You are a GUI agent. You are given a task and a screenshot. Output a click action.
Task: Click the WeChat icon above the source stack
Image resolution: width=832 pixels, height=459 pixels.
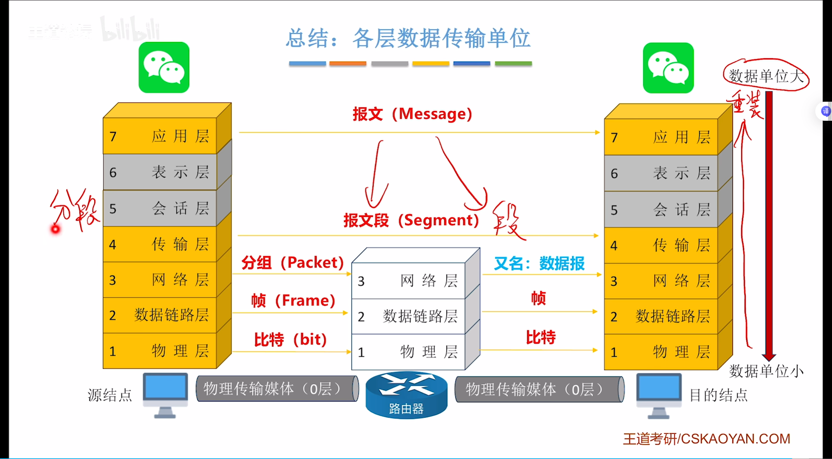point(164,67)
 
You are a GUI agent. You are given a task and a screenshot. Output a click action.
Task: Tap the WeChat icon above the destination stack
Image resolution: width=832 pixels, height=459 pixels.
point(668,68)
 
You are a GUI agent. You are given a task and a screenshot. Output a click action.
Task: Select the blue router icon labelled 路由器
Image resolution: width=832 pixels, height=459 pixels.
point(406,395)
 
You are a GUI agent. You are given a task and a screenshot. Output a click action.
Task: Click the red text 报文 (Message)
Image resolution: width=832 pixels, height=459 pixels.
point(412,114)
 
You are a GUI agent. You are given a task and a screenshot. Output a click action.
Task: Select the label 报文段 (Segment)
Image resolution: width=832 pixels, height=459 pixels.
point(411,220)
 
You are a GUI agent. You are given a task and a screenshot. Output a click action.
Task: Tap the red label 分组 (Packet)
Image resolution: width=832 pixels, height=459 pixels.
point(292,263)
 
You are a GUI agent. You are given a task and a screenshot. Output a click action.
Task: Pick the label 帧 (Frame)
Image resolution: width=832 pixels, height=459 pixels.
point(293,300)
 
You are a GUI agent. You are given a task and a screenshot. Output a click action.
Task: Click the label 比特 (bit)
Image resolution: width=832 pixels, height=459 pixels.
point(290,339)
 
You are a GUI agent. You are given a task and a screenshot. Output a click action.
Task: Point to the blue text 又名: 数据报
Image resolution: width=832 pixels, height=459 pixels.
point(539,264)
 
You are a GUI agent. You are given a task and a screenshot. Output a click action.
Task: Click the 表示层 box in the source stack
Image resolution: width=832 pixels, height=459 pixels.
point(160,172)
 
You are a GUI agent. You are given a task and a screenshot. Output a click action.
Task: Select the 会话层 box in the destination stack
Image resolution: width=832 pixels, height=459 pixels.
point(661,210)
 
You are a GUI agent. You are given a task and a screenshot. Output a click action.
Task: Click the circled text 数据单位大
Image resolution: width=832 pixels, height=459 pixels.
point(766,76)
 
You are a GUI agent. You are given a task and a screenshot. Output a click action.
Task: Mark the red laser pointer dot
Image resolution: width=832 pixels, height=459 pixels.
point(55,230)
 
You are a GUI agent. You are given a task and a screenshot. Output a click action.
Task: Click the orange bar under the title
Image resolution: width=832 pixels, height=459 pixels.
point(347,63)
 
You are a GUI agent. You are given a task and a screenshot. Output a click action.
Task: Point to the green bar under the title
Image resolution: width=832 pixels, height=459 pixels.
point(513,63)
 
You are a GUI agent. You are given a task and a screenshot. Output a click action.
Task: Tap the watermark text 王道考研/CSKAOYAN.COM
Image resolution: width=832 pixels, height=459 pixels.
point(706,439)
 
